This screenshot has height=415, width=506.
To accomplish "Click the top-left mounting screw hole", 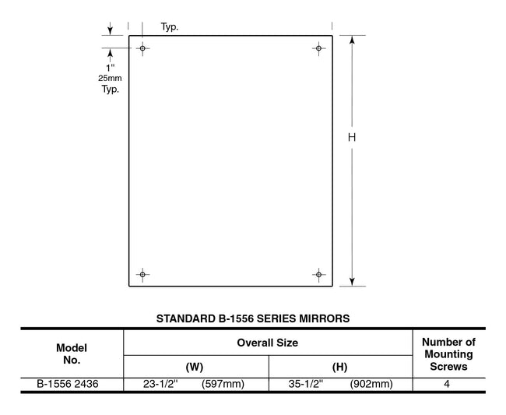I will pos(142,48).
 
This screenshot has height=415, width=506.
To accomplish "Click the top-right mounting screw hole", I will pos(318,48).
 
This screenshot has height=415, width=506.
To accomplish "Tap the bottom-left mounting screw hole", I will pos(142,274).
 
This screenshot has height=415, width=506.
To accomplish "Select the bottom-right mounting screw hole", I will pos(318,274).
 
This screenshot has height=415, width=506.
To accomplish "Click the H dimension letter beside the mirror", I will pos(352,137).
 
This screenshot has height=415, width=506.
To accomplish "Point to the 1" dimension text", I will pos(110,68).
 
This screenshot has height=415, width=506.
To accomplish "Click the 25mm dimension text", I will pos(110,79).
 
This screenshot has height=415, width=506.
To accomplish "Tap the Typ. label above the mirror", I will pos(170,27).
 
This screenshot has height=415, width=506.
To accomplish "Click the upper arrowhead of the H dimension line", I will pos(352,40).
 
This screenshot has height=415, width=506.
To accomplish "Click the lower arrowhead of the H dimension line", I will pos(352,281).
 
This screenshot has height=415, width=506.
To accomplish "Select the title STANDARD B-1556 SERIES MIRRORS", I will pos(253,318).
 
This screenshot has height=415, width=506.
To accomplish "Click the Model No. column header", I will pos(72,354).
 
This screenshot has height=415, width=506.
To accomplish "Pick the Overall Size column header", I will pos(268,343).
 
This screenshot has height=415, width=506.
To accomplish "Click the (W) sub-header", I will pos(195,366).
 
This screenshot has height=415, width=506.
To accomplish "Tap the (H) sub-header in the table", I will pos(340,366).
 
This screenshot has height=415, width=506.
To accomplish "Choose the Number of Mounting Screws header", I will pos(448,354).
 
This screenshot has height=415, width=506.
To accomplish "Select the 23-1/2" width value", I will pos(161,384).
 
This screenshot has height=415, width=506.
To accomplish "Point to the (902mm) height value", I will pos(371,384).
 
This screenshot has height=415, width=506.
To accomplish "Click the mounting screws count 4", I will pos(448,384).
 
